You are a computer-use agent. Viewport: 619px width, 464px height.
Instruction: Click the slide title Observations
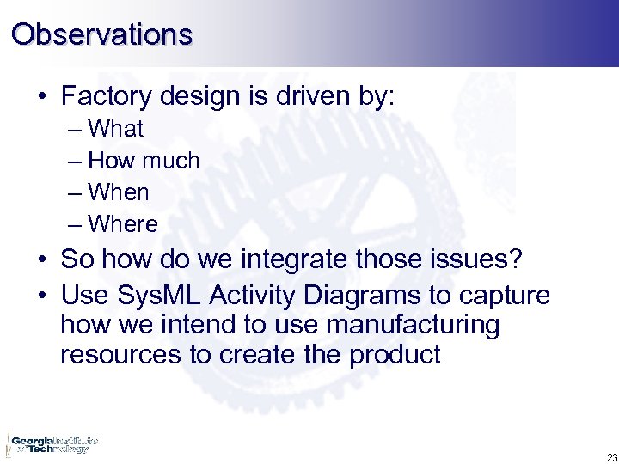coord(101,34)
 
